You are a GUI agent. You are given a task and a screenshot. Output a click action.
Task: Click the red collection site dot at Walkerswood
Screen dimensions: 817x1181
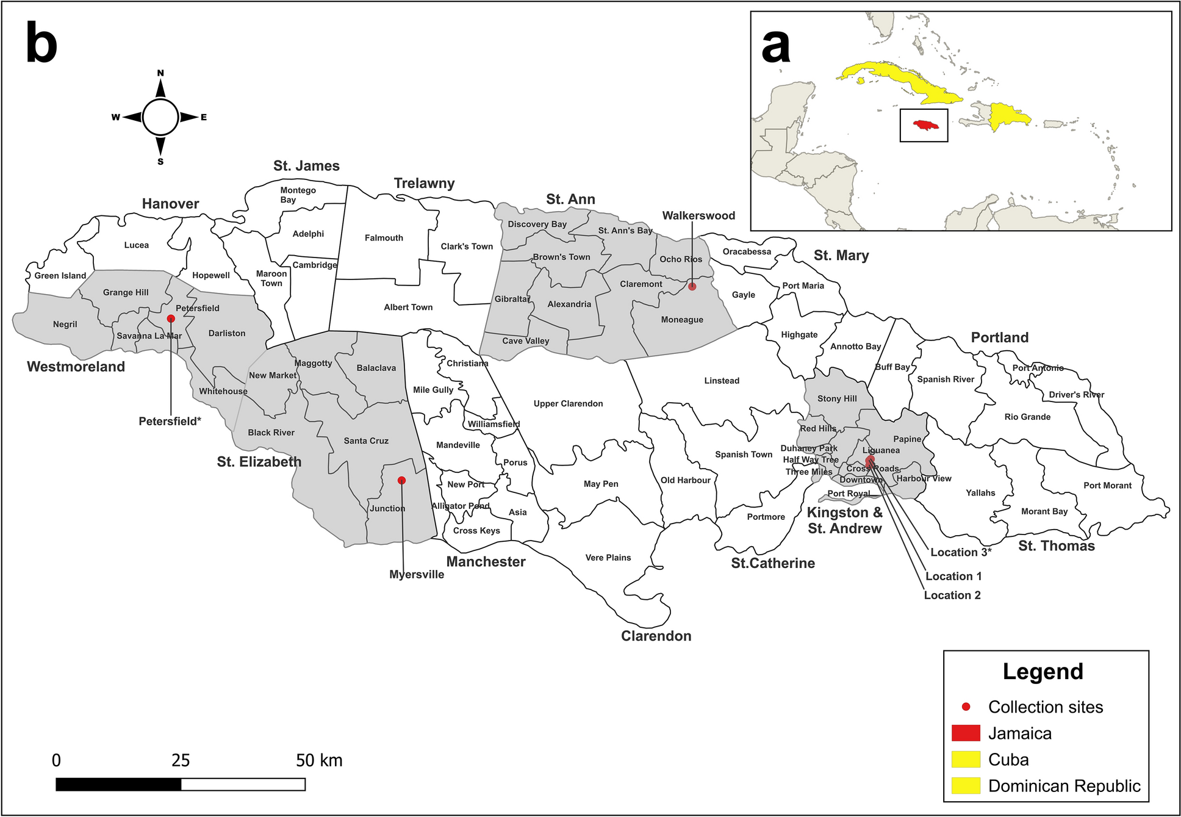pos(692,286)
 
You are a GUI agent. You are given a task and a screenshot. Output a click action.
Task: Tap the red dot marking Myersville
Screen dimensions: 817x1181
pos(401,480)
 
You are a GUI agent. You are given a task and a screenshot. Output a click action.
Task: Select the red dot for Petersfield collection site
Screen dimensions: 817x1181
pos(171,319)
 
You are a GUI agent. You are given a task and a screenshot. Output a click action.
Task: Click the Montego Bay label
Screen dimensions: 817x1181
pos(298,195)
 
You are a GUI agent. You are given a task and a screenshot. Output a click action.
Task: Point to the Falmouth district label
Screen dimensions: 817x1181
pos(384,238)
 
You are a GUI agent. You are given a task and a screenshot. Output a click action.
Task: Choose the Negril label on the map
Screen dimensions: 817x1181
pos(65,324)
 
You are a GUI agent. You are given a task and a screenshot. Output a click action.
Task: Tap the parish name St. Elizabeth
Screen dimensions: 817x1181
pos(259,462)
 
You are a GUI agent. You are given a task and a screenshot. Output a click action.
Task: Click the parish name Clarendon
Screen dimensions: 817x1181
pos(656,636)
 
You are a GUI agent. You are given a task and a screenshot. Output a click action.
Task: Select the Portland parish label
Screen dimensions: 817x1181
pos(999,337)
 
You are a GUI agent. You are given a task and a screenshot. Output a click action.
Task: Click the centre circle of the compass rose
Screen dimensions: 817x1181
pos(160,117)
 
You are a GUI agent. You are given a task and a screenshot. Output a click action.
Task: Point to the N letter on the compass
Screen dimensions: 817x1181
pos(160,73)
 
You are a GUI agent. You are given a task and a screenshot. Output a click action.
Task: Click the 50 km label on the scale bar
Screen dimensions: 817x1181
pos(319,760)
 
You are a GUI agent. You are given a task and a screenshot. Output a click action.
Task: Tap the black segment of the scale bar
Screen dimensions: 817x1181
pos(118,784)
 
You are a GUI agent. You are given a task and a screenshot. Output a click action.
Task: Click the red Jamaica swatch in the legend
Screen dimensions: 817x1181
pos(966,733)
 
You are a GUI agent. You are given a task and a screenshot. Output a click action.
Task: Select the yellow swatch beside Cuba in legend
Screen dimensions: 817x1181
pos(966,759)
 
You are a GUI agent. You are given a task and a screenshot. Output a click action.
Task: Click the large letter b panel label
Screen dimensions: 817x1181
pos(41,44)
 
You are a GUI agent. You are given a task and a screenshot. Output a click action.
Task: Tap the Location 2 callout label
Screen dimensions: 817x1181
pos(952,595)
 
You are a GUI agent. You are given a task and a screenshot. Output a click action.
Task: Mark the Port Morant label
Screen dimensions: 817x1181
pos(1107,486)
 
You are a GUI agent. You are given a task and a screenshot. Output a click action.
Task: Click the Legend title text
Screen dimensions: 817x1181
pos(1043,671)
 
